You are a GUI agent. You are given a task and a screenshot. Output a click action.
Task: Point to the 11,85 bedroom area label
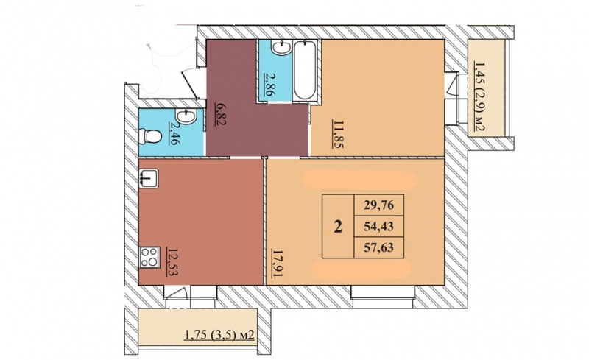coord(338,134)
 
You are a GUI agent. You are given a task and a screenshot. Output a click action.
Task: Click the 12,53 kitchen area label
coord(172,262)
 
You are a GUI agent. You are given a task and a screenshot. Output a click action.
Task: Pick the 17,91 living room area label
coord(278,264)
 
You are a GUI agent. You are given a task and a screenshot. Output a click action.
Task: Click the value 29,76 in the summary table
coord(378,205)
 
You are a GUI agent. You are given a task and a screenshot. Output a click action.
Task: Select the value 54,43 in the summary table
coord(378,226)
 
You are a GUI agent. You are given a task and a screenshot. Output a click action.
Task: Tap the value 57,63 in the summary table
coord(378,247)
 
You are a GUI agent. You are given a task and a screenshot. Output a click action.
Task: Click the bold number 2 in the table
coord(338,227)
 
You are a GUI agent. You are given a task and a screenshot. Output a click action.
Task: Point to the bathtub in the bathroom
coord(305,71)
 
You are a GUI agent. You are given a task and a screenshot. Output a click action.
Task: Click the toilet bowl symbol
coord(149,136)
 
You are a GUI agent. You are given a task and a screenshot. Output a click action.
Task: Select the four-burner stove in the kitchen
coord(150,258)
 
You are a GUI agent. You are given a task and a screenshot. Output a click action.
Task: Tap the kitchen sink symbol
coord(149,178)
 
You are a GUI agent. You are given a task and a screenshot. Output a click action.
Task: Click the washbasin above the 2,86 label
coord(281,47)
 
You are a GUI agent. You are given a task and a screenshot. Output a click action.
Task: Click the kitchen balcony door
coord(177,293)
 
